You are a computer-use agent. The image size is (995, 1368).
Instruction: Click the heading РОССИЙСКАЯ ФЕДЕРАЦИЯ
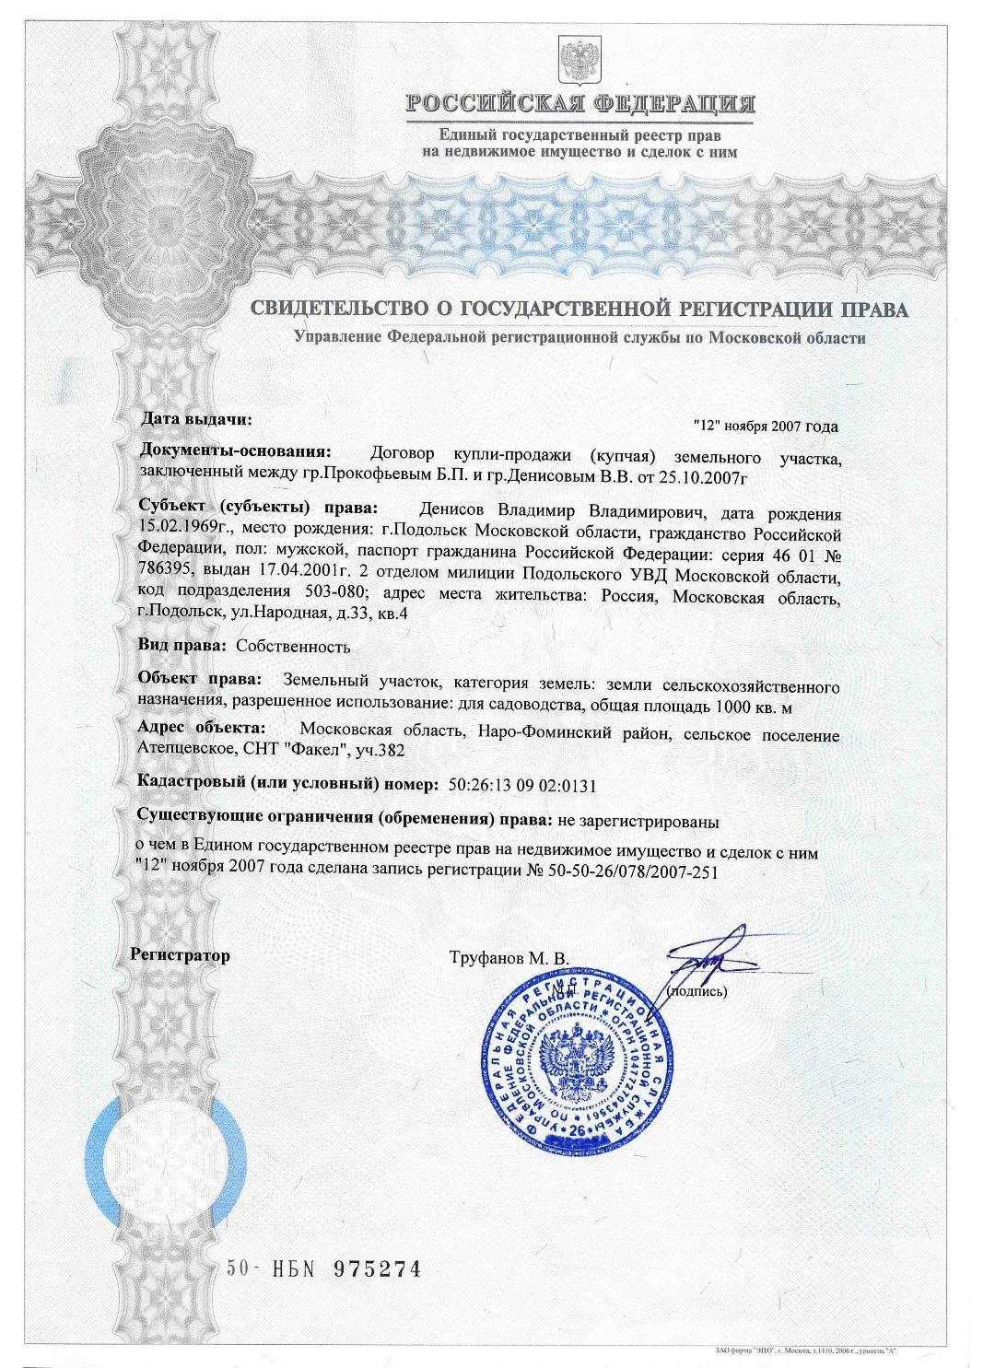click(579, 103)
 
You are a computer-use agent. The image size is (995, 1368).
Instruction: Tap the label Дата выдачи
click(196, 419)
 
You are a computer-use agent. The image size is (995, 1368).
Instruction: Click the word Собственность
click(293, 646)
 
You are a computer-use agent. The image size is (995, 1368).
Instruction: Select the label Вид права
click(181, 646)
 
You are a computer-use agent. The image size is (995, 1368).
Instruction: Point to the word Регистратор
click(181, 954)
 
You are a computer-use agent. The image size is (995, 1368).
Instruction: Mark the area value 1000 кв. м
click(747, 707)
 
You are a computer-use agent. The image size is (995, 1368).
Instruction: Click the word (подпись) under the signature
click(696, 991)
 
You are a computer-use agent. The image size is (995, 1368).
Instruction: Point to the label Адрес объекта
click(200, 728)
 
